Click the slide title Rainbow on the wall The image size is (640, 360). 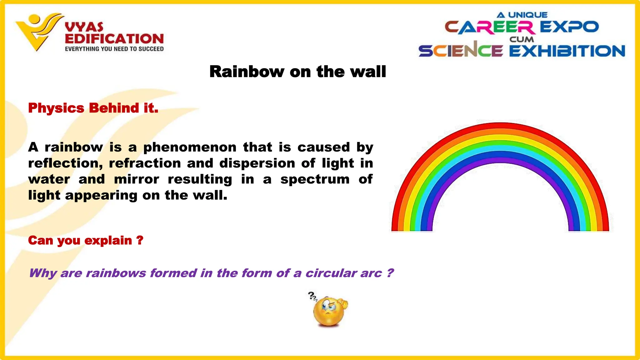297,72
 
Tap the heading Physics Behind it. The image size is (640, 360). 93,108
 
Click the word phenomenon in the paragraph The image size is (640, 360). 190,147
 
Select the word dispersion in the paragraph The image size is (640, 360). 257,163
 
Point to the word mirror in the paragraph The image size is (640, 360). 137,179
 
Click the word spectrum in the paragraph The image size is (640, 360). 315,180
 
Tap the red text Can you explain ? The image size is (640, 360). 86,240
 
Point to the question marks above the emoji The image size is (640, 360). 312,296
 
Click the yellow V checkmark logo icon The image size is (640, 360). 37,31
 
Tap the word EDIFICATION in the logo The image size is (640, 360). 114,39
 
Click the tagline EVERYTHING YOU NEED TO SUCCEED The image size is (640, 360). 114,49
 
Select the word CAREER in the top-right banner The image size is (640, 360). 490,27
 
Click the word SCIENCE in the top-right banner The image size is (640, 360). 461,51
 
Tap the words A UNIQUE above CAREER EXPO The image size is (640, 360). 522,15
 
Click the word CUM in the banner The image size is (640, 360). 522,40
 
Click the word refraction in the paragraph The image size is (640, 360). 145,163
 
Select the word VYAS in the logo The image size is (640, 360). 84,27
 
